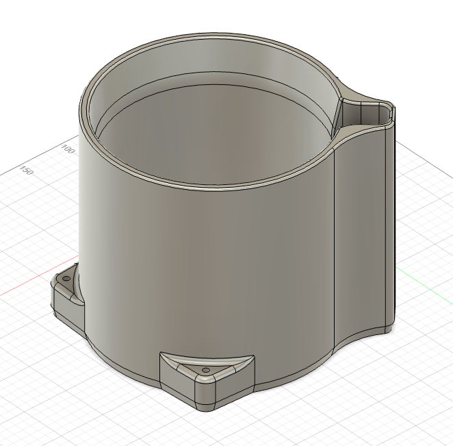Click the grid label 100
click(x=68, y=149)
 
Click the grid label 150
click(x=27, y=170)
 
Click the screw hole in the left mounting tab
click(x=66, y=280)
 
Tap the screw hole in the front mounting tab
click(x=205, y=371)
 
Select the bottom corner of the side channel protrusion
click(x=388, y=330)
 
